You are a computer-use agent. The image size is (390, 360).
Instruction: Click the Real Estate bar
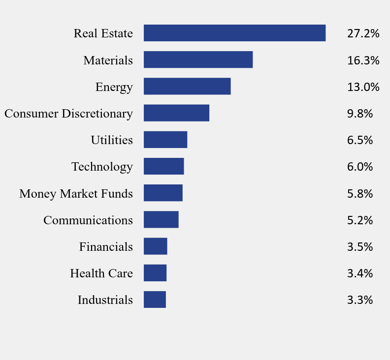(x=234, y=33)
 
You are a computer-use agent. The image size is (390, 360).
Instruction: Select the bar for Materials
(x=198, y=60)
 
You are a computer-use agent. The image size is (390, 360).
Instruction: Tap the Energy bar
(x=187, y=87)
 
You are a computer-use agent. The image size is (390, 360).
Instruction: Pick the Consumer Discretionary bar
(x=176, y=113)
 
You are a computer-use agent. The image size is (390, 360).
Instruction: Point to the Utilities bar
(x=165, y=140)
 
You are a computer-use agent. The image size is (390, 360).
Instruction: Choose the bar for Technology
(x=163, y=166)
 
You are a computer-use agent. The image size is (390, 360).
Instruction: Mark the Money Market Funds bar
(x=163, y=193)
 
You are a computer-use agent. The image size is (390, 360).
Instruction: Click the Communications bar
(x=161, y=220)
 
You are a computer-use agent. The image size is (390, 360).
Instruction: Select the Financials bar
(x=156, y=246)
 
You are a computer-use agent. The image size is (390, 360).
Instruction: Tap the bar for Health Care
(x=155, y=273)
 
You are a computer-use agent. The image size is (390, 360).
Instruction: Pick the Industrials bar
(x=155, y=300)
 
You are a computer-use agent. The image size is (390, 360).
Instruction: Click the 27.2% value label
(x=363, y=33)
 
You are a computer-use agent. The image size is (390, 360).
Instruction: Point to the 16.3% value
(x=363, y=60)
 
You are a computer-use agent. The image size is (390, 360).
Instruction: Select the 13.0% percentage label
(x=363, y=87)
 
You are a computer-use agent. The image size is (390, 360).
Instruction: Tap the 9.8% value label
(x=360, y=114)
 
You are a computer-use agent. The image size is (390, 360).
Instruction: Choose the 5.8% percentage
(x=360, y=193)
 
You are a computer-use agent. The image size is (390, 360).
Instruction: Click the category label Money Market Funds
(x=76, y=194)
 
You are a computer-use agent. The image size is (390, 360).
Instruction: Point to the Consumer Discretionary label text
(x=68, y=114)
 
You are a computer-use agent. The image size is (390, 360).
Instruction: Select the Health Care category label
(x=101, y=273)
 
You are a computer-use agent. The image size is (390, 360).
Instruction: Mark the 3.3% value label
(x=360, y=300)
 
